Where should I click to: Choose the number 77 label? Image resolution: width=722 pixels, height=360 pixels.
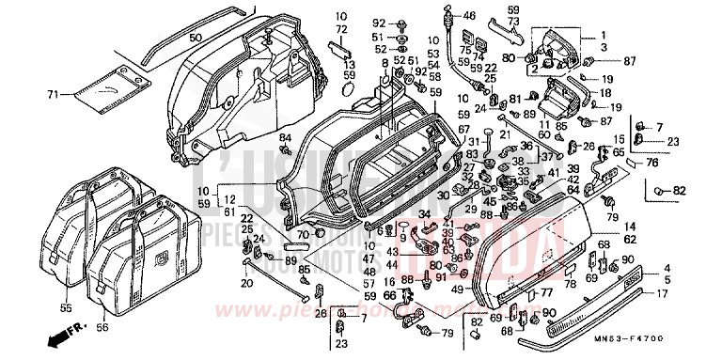coord(542,293)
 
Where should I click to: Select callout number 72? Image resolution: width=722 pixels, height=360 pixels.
coord(342,30)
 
